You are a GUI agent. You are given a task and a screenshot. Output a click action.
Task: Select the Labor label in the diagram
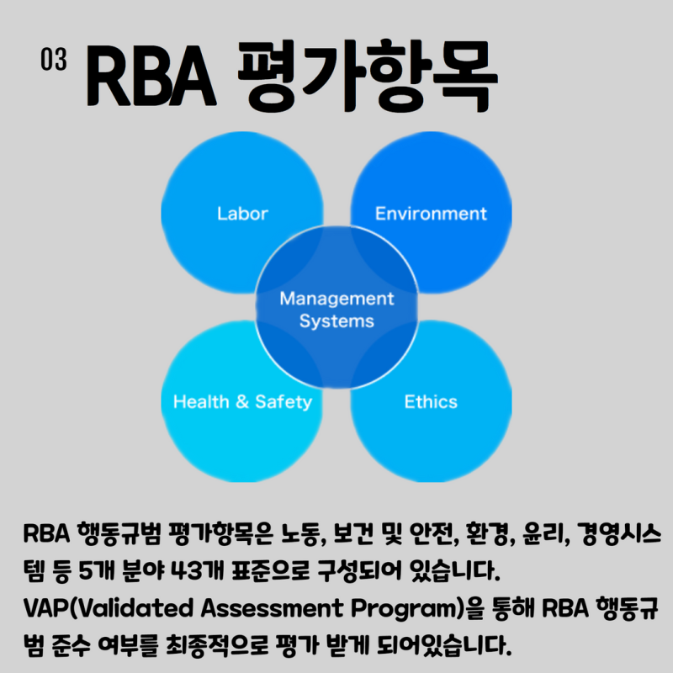(x=242, y=213)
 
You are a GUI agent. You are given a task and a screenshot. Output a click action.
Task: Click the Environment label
(x=431, y=213)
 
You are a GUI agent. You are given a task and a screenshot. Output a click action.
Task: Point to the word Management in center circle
(x=336, y=299)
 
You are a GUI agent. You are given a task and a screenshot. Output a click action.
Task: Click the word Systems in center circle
(x=336, y=321)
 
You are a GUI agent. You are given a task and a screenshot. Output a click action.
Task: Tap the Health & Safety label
(x=242, y=401)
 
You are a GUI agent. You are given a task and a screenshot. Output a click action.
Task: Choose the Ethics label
(x=431, y=401)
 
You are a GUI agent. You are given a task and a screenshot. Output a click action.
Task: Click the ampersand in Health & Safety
(x=242, y=401)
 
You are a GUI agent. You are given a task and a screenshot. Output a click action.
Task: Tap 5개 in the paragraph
(x=97, y=574)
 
